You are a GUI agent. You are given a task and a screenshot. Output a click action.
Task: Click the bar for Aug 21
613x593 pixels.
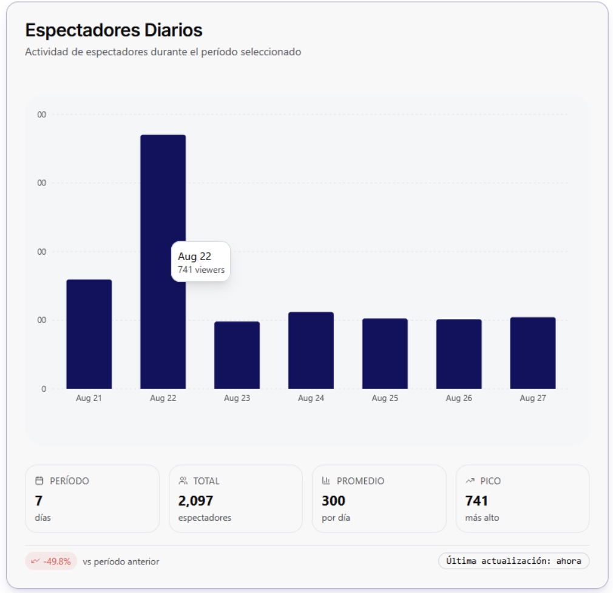pyautogui.click(x=89, y=334)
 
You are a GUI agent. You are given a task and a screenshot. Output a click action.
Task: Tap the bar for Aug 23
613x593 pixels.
pyautogui.click(x=237, y=355)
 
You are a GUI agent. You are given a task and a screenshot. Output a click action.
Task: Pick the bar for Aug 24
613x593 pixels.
pyautogui.click(x=311, y=351)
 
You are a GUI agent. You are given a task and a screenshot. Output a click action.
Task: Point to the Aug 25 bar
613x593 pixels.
pyautogui.click(x=385, y=354)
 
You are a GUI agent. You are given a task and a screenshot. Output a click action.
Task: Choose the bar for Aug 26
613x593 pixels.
pyautogui.click(x=459, y=354)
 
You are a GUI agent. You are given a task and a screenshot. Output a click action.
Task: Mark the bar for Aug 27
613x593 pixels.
pyautogui.click(x=533, y=353)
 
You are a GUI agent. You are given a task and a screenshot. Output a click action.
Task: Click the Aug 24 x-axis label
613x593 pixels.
pyautogui.click(x=311, y=399)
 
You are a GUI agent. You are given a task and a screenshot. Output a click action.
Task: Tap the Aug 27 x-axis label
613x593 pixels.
pyautogui.click(x=533, y=399)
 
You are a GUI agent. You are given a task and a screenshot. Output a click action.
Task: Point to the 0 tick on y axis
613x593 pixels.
pyautogui.click(x=43, y=389)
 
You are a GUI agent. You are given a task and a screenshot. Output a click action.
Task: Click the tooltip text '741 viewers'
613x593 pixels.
pyautogui.click(x=201, y=270)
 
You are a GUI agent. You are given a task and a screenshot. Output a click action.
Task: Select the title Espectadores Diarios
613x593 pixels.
pyautogui.click(x=113, y=30)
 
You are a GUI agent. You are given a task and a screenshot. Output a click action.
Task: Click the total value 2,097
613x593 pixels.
pyautogui.click(x=195, y=501)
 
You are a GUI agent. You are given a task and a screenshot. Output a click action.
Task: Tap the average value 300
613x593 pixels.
pyautogui.click(x=333, y=501)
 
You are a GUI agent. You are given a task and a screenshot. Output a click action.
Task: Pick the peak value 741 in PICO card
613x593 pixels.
pyautogui.click(x=476, y=501)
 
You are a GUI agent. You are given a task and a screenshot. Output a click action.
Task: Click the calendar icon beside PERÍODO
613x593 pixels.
pyautogui.click(x=39, y=481)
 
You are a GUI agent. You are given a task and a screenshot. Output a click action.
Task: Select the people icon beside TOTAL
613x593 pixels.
pyautogui.click(x=183, y=481)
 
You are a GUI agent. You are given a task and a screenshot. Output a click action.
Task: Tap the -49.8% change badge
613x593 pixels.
pyautogui.click(x=51, y=561)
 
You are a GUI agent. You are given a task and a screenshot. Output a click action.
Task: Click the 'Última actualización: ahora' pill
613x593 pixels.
pyautogui.click(x=513, y=561)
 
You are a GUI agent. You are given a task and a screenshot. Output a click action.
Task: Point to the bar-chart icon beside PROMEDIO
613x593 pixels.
pyautogui.click(x=326, y=481)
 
